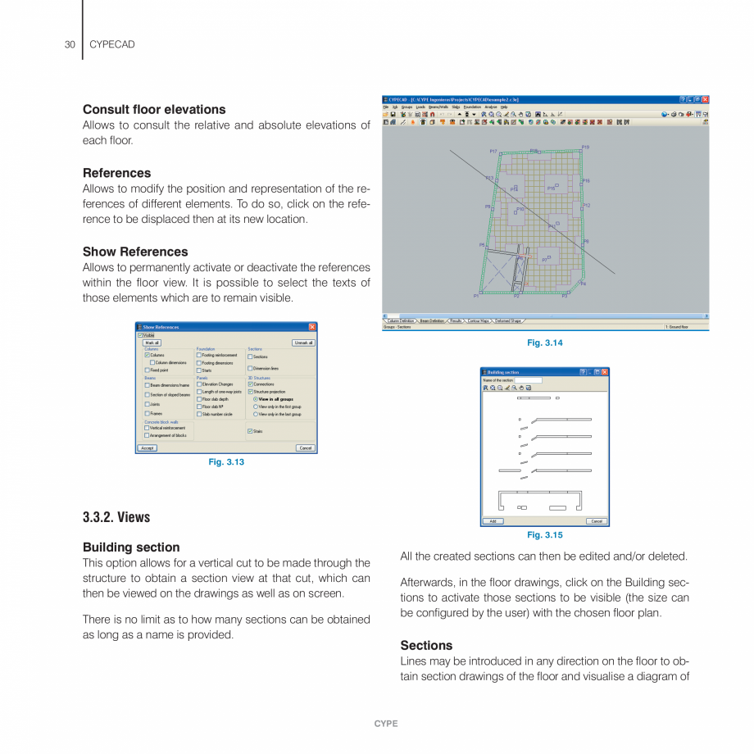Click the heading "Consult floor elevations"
[x=154, y=109]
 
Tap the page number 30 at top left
[x=70, y=44]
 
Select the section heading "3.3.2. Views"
[x=116, y=517]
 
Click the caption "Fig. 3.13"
[x=226, y=462]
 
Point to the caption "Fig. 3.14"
[x=545, y=343]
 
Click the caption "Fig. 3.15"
[x=545, y=535]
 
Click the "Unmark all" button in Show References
[x=303, y=343]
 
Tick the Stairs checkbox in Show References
[x=250, y=431]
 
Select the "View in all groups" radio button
[x=256, y=399]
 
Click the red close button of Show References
[x=312, y=327]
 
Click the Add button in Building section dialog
[x=492, y=521]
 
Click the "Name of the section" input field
[x=529, y=380]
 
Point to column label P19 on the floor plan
[x=585, y=147]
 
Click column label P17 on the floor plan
[x=493, y=152]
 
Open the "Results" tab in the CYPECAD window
[x=456, y=321]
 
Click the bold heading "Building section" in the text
[x=131, y=547]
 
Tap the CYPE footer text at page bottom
[x=386, y=724]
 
